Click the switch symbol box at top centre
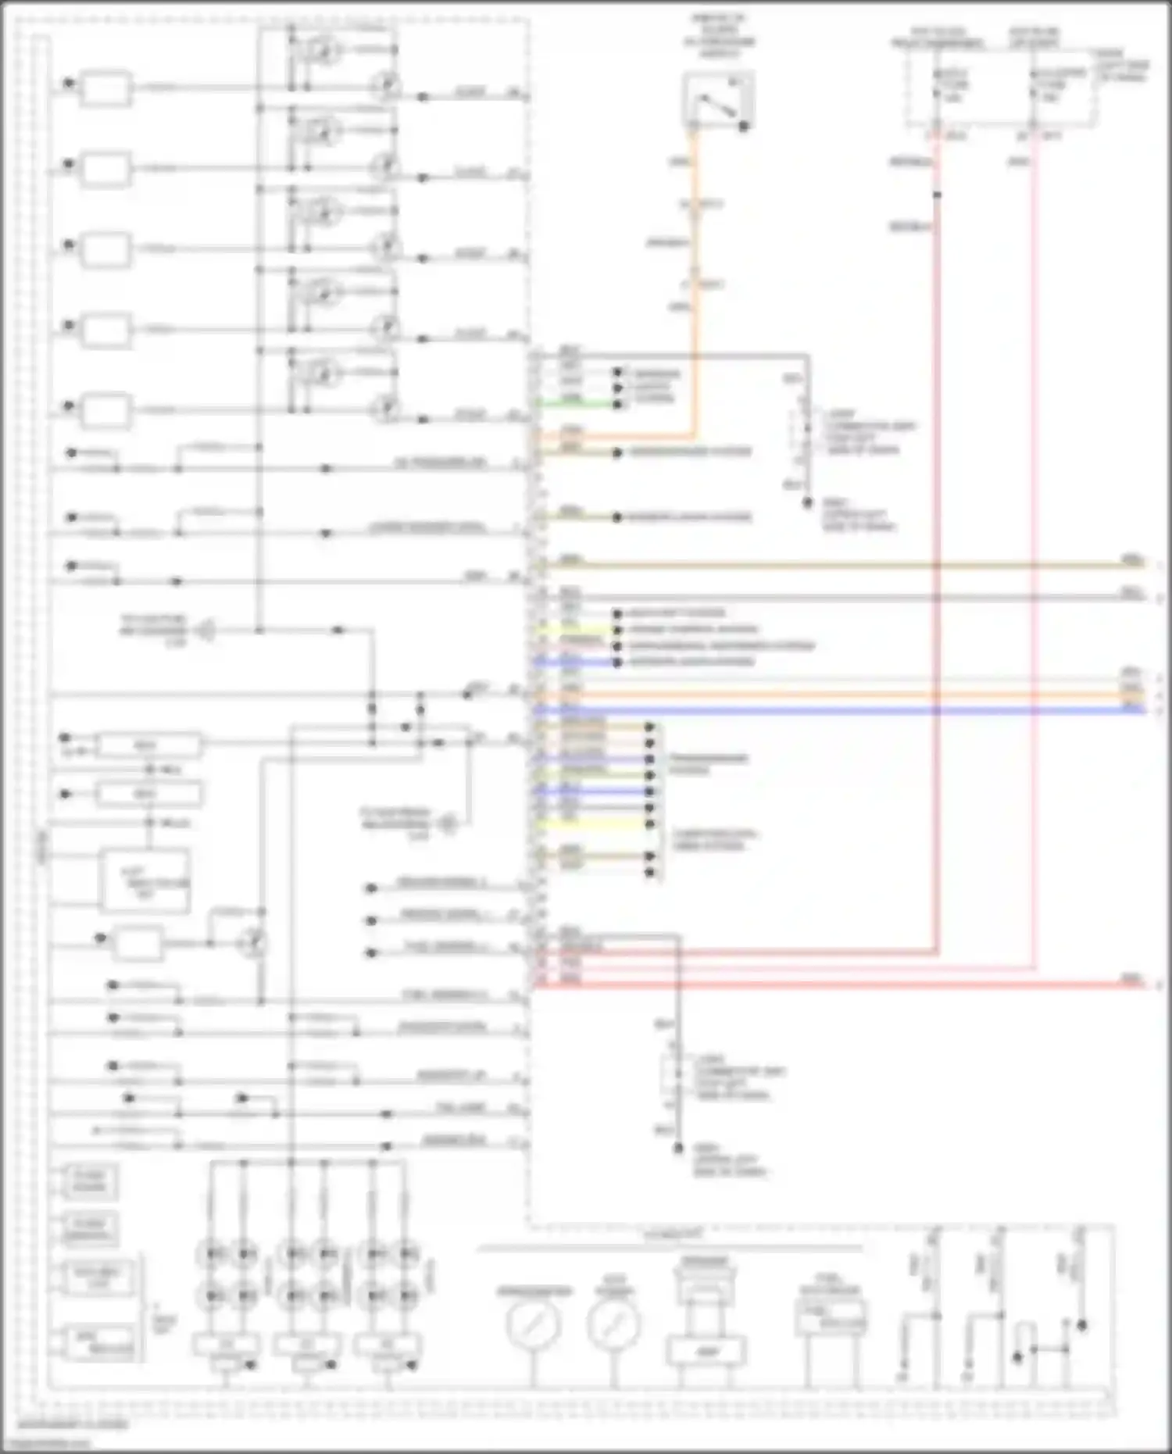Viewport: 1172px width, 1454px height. tap(718, 99)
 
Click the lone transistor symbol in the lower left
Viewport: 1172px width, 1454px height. tap(252, 943)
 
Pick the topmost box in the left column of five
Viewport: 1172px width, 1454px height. tap(106, 88)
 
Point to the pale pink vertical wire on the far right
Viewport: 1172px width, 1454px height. tap(1034, 547)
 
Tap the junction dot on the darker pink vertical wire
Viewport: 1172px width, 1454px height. tap(937, 195)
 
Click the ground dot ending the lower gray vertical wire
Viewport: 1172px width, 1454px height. tap(679, 1149)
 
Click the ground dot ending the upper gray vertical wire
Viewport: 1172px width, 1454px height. tap(808, 503)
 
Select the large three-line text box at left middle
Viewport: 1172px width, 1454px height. tap(145, 881)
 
